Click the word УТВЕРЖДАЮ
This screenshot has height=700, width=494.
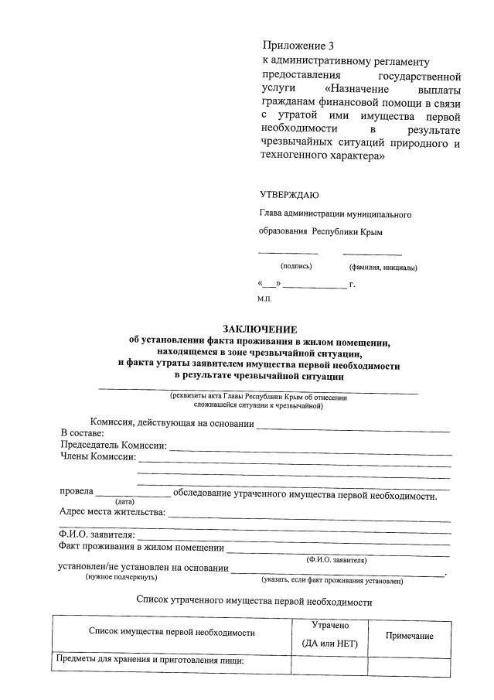(288, 195)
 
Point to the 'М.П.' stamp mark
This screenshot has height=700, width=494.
(264, 297)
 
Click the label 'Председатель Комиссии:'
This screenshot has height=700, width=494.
(114, 446)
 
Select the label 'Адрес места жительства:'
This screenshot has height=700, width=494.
(113, 512)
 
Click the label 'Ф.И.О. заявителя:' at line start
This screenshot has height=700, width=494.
(97, 535)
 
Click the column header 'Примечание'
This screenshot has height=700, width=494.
(409, 635)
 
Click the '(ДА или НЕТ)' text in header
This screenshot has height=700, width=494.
(330, 644)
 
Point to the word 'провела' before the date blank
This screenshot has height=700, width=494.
(77, 491)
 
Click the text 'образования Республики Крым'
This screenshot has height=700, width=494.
(321, 232)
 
